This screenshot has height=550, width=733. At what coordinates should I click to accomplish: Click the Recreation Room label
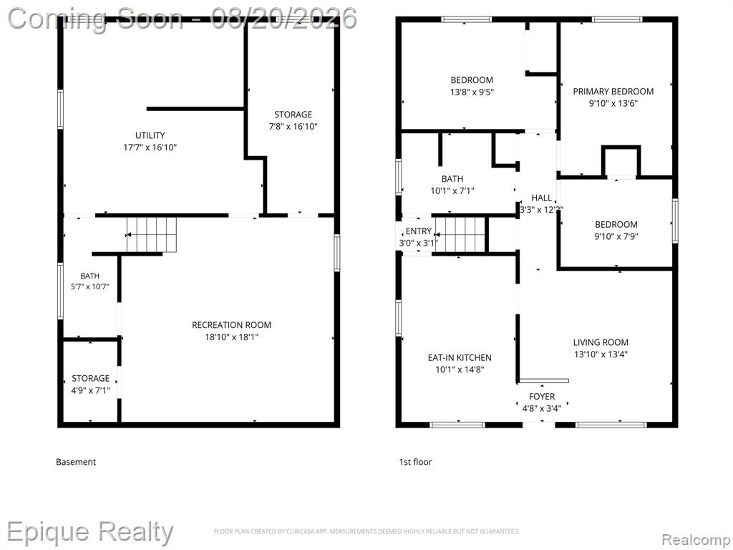point(231,325)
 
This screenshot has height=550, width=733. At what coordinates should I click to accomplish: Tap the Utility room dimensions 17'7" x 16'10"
point(150,148)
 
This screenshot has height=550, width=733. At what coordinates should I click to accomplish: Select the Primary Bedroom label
point(613,91)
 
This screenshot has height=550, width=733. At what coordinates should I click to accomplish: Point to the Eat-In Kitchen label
point(460,358)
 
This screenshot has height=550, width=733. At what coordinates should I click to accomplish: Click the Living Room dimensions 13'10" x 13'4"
point(601,354)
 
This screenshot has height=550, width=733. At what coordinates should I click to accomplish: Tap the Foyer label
point(542,397)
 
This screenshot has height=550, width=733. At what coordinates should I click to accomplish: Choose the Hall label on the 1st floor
point(541,198)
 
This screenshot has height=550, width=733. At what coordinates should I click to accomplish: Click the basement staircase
point(152,234)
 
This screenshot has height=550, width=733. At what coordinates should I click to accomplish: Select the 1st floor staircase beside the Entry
point(460,235)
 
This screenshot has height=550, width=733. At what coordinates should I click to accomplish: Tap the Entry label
point(418,231)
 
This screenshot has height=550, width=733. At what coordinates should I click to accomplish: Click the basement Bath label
point(89,276)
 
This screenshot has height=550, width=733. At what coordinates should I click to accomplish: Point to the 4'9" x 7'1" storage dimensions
point(91,390)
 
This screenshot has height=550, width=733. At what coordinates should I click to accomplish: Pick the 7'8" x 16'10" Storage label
point(293,115)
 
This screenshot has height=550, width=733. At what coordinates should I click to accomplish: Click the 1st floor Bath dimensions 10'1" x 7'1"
point(452,190)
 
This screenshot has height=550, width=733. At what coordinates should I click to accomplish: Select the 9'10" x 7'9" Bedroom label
point(616,224)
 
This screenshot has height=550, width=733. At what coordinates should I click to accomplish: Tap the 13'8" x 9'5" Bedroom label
point(472,80)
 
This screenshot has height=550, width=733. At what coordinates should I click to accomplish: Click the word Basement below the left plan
point(76,462)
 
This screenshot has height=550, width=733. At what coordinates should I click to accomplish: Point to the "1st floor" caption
point(415,462)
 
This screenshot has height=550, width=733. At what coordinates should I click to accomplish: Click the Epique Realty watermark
point(90,533)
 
